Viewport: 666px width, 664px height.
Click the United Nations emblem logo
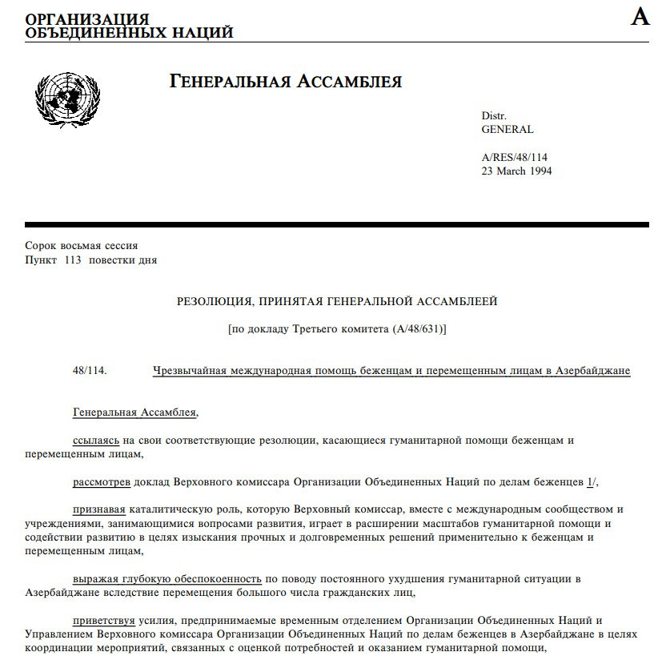pyautogui.click(x=66, y=100)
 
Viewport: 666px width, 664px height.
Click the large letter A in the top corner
pyautogui.click(x=640, y=17)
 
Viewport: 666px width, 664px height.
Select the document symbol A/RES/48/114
pyautogui.click(x=514, y=158)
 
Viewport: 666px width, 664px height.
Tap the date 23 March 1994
pyautogui.click(x=516, y=171)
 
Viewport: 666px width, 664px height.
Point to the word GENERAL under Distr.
pyautogui.click(x=507, y=129)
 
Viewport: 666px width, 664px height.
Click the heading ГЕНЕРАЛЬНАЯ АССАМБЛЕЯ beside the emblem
pyautogui.click(x=286, y=82)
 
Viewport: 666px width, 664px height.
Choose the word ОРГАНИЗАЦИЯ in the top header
pyautogui.click(x=87, y=18)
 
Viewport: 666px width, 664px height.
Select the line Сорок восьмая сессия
pyautogui.click(x=82, y=246)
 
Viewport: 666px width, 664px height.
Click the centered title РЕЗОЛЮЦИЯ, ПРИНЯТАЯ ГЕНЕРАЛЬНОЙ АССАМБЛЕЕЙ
pyautogui.click(x=337, y=301)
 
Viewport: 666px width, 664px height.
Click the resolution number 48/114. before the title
pyautogui.click(x=89, y=371)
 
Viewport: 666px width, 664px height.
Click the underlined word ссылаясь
pyautogui.click(x=96, y=440)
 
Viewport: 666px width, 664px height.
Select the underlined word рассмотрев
pyautogui.click(x=101, y=481)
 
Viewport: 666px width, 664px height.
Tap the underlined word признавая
pyautogui.click(x=99, y=509)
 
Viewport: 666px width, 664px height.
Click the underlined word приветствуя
pyautogui.click(x=102, y=620)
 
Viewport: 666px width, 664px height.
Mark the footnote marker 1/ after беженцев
pyautogui.click(x=592, y=481)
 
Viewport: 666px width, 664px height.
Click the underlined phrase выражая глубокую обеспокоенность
pyautogui.click(x=166, y=578)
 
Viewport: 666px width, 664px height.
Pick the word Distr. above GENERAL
pyautogui.click(x=494, y=116)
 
